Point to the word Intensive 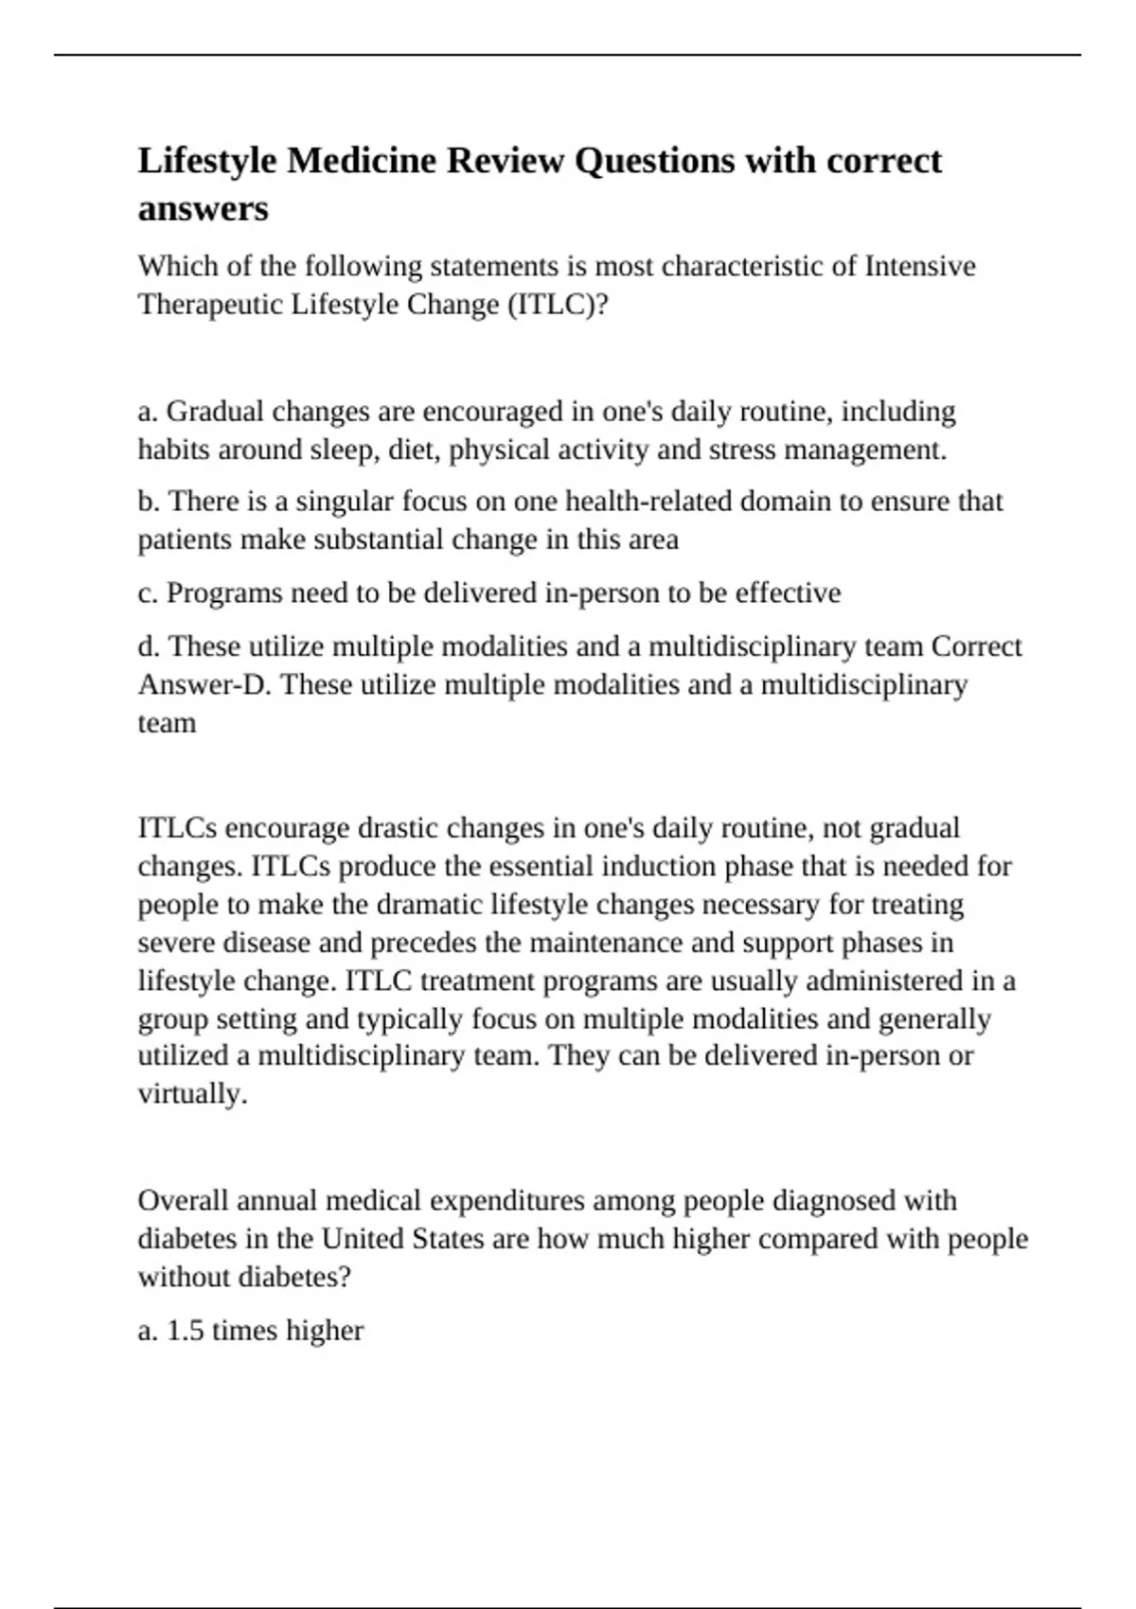920,266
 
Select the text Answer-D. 204,684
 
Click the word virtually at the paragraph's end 192,1094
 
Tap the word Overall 183,1201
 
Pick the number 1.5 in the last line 186,1331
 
